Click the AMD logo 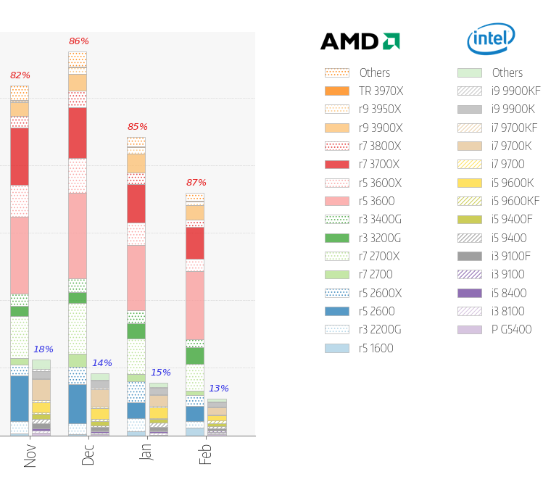coord(360,41)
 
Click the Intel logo coord(491,39)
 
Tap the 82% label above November coord(20,75)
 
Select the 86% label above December coord(79,41)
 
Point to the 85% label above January coord(138,127)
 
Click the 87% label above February coord(196,183)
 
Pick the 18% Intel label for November coord(43,349)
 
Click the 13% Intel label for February coord(219,389)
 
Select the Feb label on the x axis coord(206,455)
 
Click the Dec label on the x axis coord(88,455)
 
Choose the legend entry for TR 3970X coord(381,91)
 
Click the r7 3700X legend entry coord(379,165)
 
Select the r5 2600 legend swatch coord(337,311)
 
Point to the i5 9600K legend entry coord(512,183)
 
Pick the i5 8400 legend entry coord(508,293)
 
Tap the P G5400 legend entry coord(510,329)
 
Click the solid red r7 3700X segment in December coord(78,133)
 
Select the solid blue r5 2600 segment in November coord(20,398)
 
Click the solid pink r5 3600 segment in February coord(195,305)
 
